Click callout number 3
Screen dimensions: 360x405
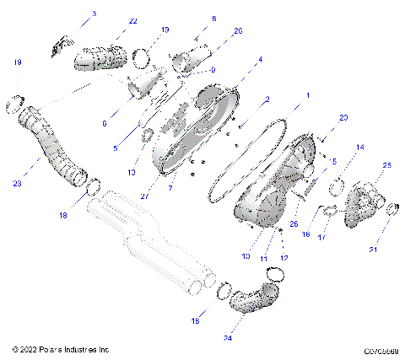tap(94, 13)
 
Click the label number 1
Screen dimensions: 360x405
tap(307, 95)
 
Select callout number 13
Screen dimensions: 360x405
tap(131, 172)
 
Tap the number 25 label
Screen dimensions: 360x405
tap(386, 166)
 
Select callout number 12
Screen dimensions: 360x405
tap(284, 258)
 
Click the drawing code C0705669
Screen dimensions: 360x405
tap(381, 350)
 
